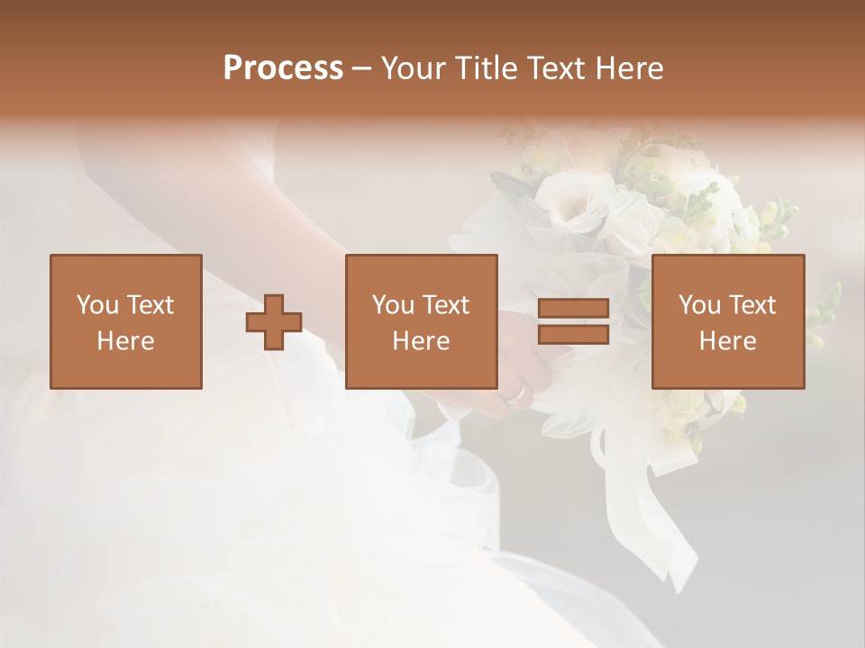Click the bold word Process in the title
pos(283,68)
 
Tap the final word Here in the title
pos(628,68)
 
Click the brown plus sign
pos(274,322)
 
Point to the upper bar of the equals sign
pos(573,309)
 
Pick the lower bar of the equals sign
pos(573,335)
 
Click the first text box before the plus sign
pos(126,321)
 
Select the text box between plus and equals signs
pos(422,321)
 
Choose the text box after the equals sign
pos(728,321)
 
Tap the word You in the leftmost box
pos(97,305)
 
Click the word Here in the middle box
pos(422,341)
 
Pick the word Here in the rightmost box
pos(728,341)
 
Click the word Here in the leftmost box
pos(126,341)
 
